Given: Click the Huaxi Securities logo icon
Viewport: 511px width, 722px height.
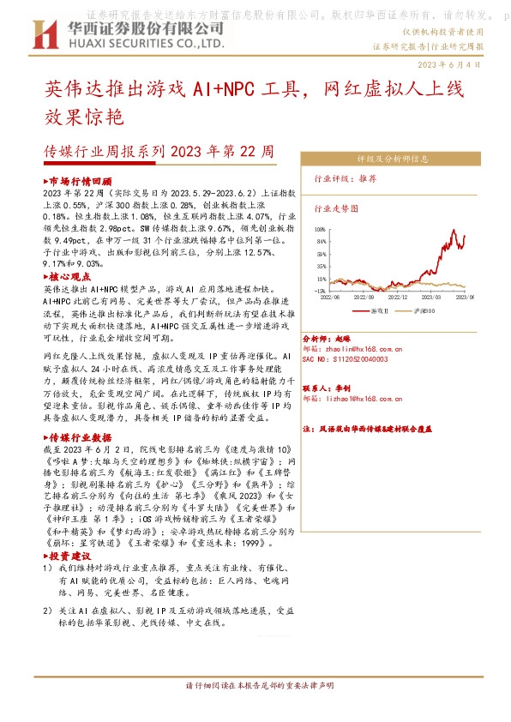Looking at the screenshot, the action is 44,34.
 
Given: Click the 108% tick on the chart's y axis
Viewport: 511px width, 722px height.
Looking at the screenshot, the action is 321,231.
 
